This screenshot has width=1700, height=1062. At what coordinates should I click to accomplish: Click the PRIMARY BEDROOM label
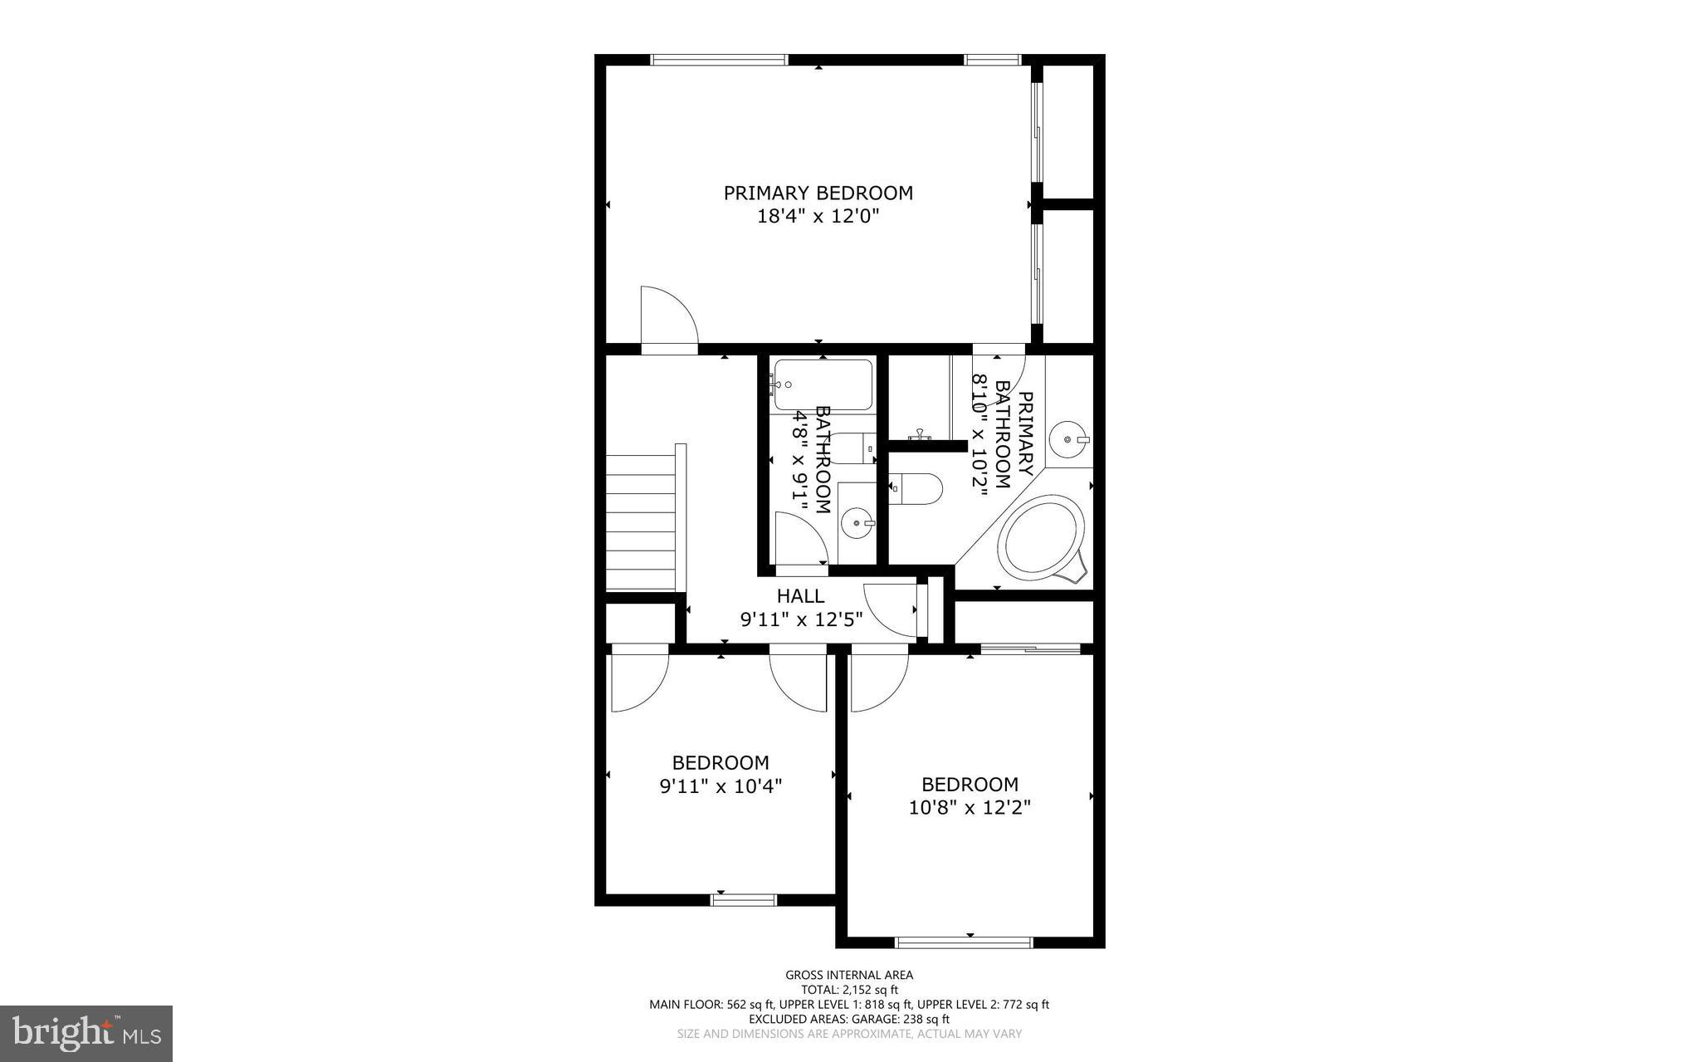click(818, 193)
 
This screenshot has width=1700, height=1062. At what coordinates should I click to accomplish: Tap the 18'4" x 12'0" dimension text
click(818, 217)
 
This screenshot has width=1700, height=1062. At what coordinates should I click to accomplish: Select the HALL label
click(800, 595)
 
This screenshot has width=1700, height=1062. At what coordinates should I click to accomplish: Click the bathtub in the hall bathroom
click(822, 384)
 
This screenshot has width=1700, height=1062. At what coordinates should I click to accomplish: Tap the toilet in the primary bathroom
click(916, 489)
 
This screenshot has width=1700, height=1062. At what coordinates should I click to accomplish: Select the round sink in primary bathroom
click(1067, 439)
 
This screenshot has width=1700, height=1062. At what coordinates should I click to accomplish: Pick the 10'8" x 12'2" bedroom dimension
click(970, 807)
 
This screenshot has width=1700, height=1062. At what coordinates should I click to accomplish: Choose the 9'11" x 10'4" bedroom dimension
click(721, 785)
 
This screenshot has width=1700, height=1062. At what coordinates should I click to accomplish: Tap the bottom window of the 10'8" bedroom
click(964, 942)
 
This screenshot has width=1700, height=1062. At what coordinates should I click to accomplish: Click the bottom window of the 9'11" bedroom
click(744, 899)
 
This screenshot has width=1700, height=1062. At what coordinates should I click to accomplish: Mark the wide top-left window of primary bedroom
click(718, 59)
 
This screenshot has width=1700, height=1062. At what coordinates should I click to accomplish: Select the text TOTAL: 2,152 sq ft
click(849, 990)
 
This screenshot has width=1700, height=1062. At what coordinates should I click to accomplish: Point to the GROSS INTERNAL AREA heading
click(849, 975)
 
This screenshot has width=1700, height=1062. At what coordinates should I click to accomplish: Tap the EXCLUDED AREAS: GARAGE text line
click(849, 1019)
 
